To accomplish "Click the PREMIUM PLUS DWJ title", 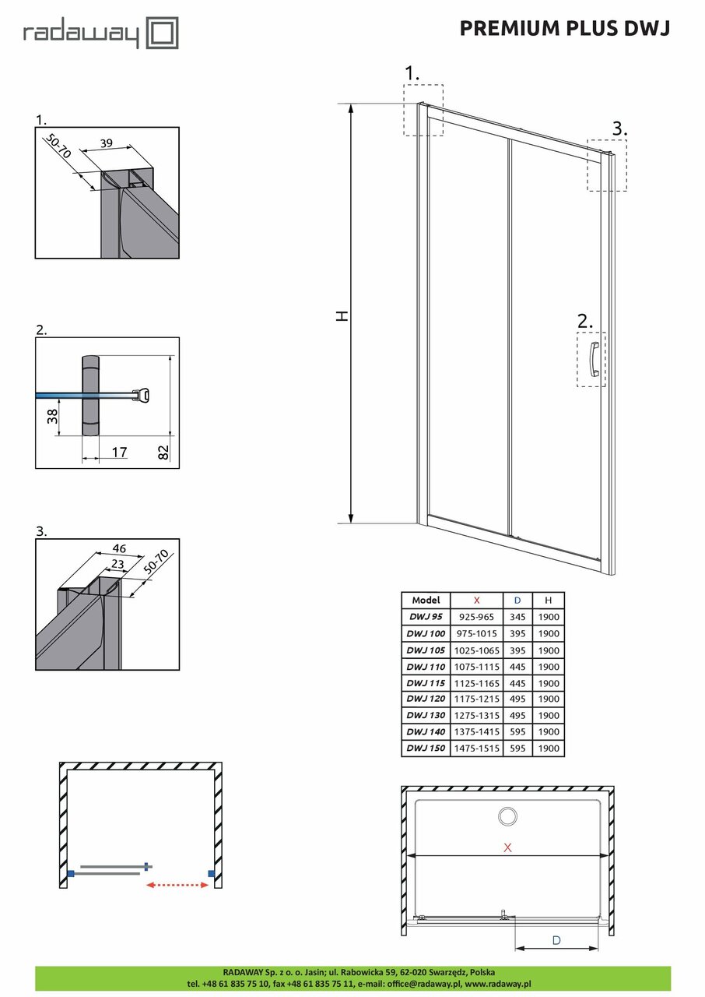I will pos(564,28).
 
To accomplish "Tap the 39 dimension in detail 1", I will pos(107,143).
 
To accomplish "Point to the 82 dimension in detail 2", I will pos(163,453).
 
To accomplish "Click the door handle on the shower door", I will pos(595,358).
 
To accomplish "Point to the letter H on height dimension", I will pos(342,315).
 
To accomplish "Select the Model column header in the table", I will pos(426,601).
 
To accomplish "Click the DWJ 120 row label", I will pos(426,699).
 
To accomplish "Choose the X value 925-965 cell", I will pos(476,617).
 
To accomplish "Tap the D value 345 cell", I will pos(517,617).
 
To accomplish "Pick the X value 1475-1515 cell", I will pos(476,749).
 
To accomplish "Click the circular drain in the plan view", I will pos(507,816).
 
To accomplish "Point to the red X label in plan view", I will pos(507,848).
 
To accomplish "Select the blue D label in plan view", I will pos(556,940).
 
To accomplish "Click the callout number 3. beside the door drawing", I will pos(619,128).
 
